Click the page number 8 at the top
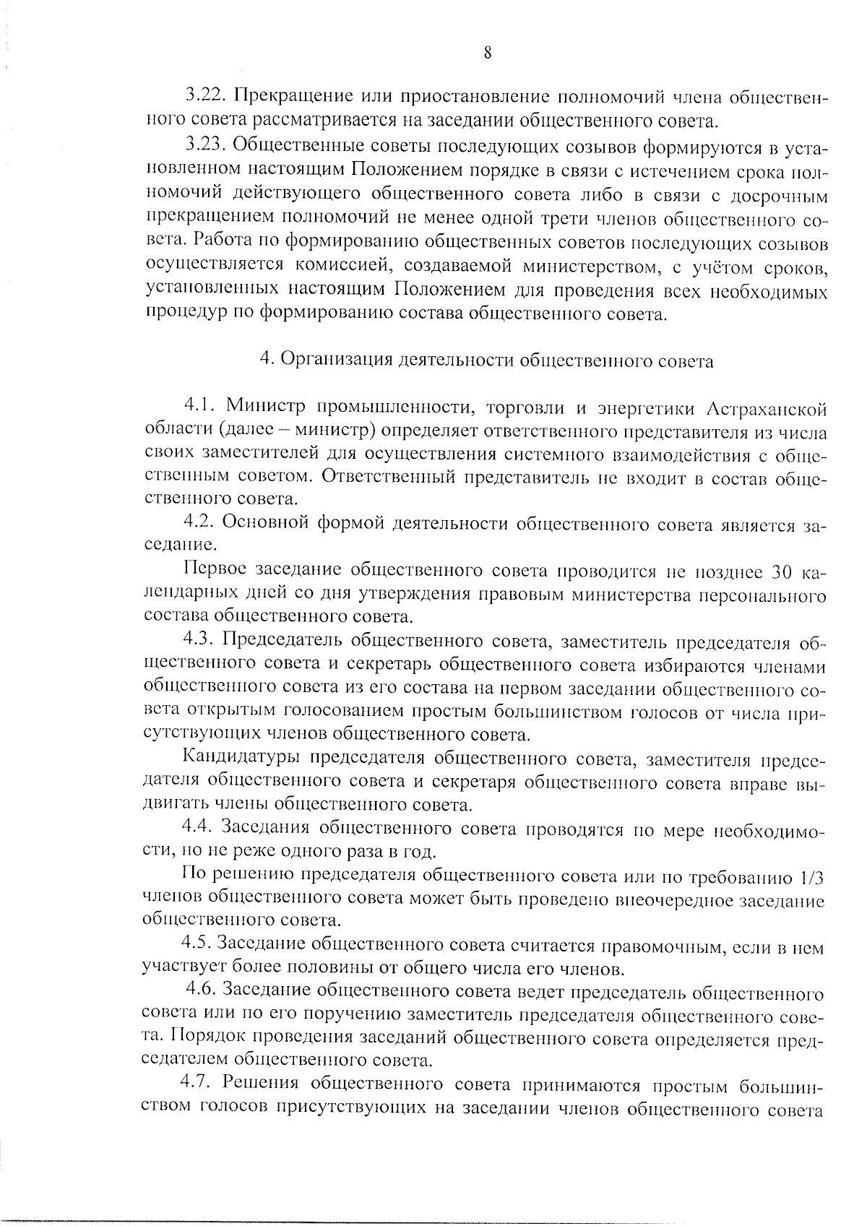(x=488, y=52)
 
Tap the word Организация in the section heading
(x=336, y=359)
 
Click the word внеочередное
(x=683, y=900)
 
